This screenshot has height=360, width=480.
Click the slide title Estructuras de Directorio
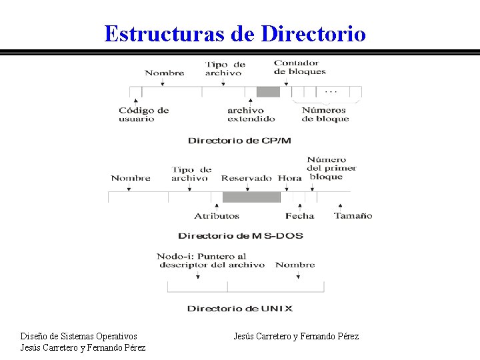click(235, 33)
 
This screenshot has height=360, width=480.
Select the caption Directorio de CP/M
click(239, 141)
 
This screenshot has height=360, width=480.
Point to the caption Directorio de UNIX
click(239, 309)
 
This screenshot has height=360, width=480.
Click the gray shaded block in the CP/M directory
click(268, 92)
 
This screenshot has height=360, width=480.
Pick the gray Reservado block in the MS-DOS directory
click(251, 197)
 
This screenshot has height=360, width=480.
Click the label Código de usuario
click(143, 115)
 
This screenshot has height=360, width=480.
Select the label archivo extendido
click(251, 115)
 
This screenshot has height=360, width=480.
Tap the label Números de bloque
click(325, 115)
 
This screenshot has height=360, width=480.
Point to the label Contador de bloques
click(299, 67)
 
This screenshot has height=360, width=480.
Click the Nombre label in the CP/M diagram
click(164, 73)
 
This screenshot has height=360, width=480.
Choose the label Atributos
click(217, 216)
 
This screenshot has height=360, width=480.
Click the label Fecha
click(299, 216)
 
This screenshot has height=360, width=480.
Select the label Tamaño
click(353, 216)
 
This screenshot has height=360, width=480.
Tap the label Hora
click(289, 178)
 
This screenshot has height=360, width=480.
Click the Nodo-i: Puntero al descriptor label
click(211, 261)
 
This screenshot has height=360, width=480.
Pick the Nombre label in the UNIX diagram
click(295, 265)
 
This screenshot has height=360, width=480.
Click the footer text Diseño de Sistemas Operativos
click(79, 336)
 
